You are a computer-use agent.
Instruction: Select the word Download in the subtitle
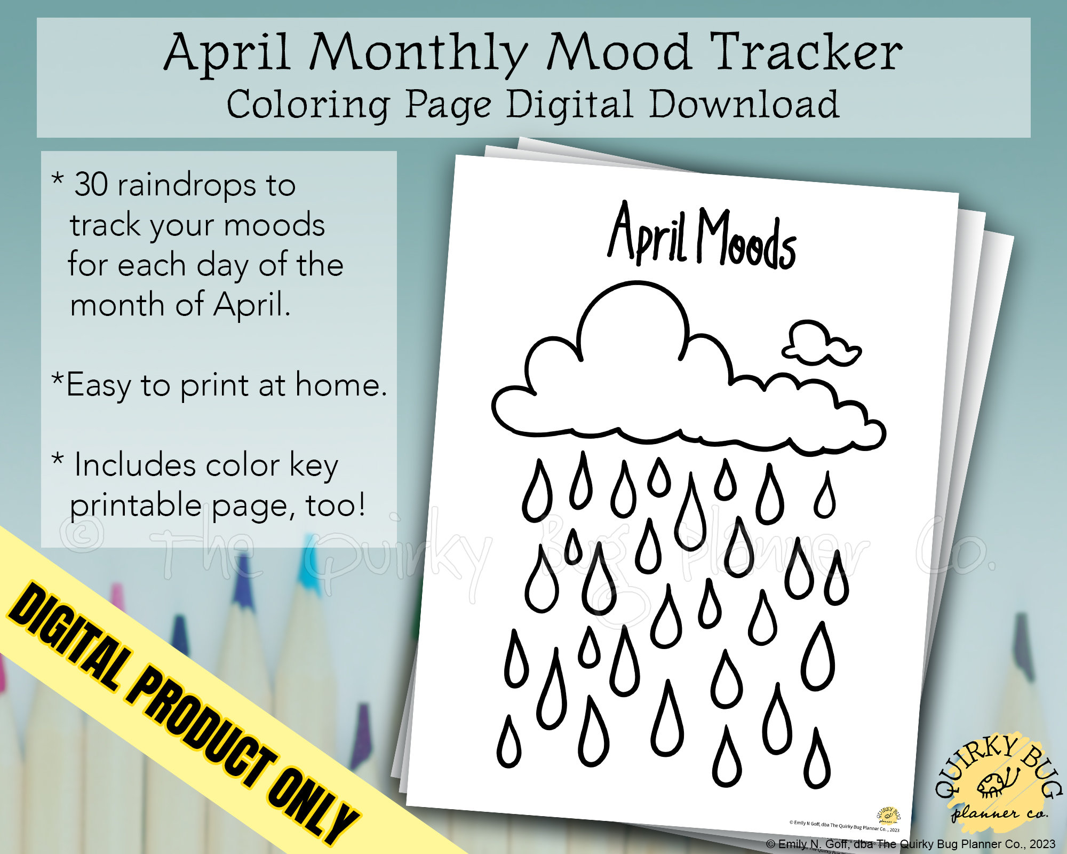pos(744,104)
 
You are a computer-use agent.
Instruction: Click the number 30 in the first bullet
pos(91,185)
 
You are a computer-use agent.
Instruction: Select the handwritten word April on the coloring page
pos(647,234)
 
